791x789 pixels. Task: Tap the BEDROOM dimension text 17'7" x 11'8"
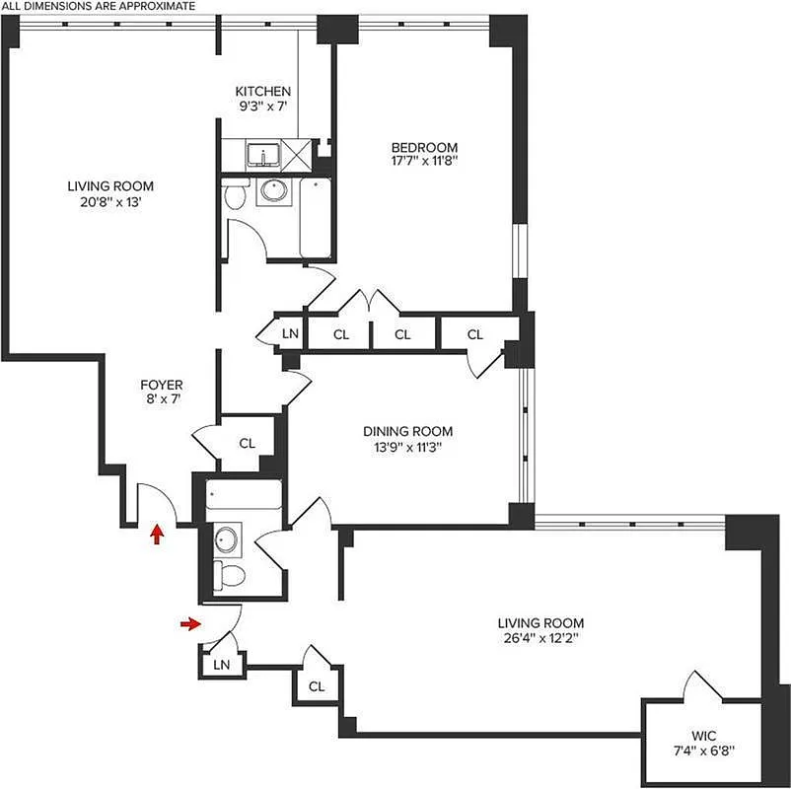(x=425, y=163)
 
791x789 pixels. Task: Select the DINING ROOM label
(x=407, y=431)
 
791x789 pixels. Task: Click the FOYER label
(x=162, y=384)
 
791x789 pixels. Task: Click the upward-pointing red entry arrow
(x=156, y=534)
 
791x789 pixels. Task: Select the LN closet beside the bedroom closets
(x=290, y=334)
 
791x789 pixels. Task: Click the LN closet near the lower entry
(x=222, y=665)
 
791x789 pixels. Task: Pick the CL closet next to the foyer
(x=248, y=443)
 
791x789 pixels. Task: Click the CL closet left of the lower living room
(x=317, y=685)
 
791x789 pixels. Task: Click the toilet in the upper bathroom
(x=235, y=196)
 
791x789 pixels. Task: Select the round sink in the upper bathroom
(x=271, y=191)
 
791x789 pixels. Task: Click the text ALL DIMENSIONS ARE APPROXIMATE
(x=97, y=6)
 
